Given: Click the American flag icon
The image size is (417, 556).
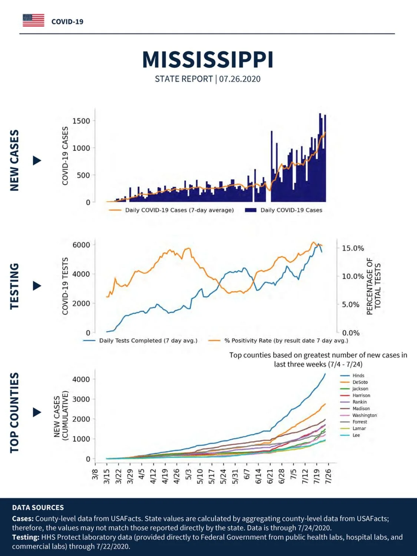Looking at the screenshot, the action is tap(33, 20).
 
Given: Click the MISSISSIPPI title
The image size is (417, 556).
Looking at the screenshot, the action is tap(208, 60).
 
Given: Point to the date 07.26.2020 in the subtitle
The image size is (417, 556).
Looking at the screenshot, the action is tap(239, 79).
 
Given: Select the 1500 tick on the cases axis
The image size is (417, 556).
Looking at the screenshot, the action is tap(81, 121).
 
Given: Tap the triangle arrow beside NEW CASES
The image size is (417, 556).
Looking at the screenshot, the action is tap(37, 160).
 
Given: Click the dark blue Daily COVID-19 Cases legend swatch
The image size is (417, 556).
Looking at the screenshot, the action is tap(251, 210).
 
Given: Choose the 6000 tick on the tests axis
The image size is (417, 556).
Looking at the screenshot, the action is tap(81, 245).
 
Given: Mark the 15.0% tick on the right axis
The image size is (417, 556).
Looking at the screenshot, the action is tap(353, 248).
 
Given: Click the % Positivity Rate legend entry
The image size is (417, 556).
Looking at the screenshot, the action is tap(278, 341).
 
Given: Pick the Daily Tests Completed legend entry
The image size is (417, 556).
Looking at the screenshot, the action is tap(140, 341).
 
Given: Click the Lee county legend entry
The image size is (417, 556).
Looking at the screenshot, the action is tap(350, 435).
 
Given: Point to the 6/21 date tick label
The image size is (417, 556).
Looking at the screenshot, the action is tap(270, 476).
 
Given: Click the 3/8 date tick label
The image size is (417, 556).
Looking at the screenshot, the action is tap(95, 474).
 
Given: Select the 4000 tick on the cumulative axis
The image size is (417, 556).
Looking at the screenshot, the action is tap(81, 380).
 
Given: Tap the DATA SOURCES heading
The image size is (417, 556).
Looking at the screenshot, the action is tap(38, 507).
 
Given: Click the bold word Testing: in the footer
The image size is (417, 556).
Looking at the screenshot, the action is tap(26, 537).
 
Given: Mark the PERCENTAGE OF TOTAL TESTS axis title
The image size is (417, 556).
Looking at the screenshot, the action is tap(374, 287).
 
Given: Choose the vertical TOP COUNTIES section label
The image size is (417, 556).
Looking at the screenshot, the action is tap(15, 413).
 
